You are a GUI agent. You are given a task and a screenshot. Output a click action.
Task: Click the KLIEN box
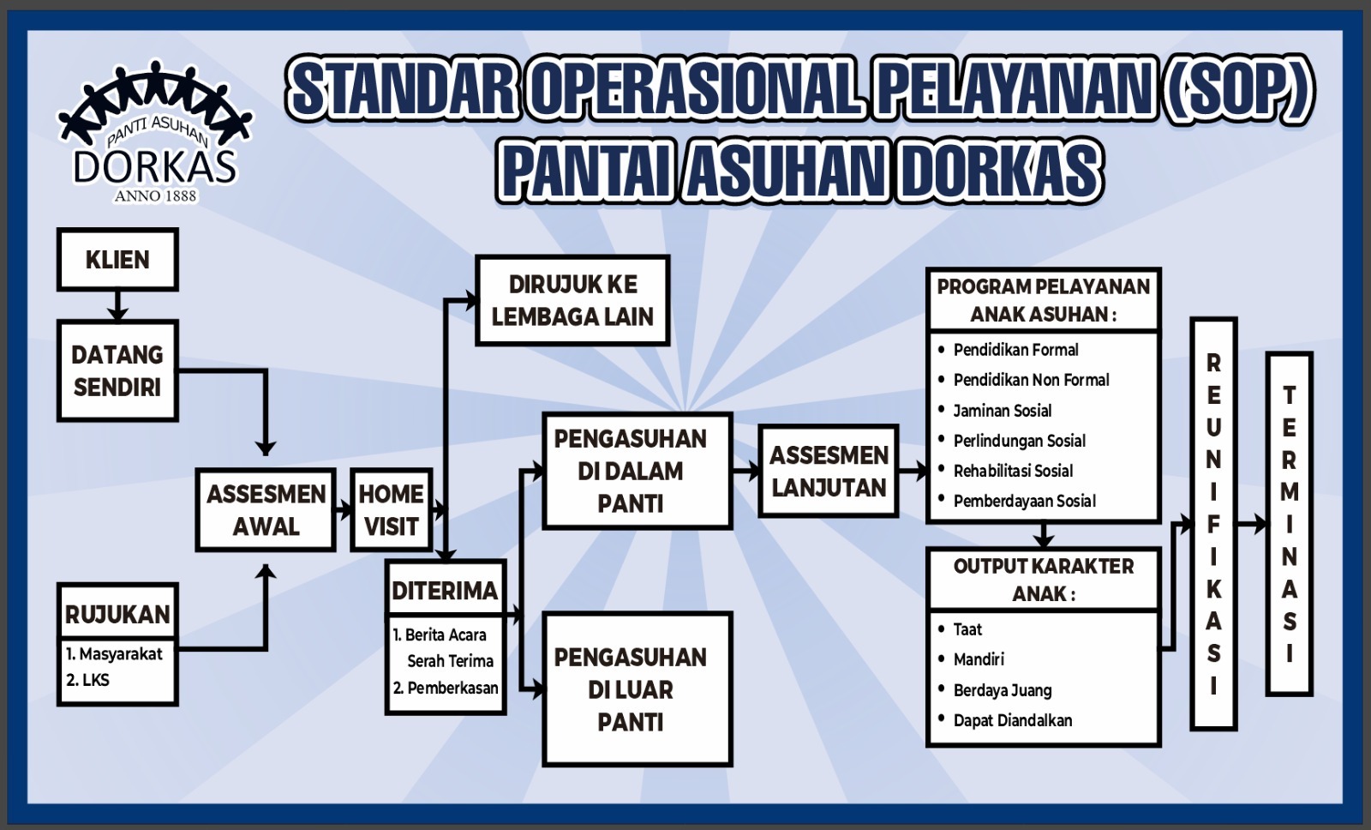(x=117, y=259)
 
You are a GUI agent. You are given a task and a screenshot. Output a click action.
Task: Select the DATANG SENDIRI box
(x=117, y=370)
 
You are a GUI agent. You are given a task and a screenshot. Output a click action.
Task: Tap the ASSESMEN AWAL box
(x=266, y=510)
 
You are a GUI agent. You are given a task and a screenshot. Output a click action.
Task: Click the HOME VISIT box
(x=392, y=510)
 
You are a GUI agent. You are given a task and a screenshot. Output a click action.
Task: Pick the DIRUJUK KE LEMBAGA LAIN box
(x=572, y=300)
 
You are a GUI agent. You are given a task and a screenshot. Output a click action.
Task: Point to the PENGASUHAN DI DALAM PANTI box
(x=638, y=471)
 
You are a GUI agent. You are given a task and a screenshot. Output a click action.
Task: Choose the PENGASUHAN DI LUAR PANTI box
(x=638, y=689)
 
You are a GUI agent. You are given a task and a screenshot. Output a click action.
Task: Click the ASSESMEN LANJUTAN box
(x=829, y=471)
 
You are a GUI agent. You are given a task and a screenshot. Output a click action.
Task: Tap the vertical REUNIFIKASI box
(x=1213, y=524)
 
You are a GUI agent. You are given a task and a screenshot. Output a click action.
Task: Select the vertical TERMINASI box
(x=1290, y=524)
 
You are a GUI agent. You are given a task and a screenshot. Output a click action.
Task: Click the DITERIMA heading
(x=445, y=591)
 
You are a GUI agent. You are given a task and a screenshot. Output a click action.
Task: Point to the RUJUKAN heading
(x=117, y=615)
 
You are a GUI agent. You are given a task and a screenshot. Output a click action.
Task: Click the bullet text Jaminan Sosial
(x=1003, y=411)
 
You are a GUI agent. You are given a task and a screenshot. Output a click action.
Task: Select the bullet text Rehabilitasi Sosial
(x=1013, y=471)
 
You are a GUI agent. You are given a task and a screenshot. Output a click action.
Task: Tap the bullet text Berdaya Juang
(x=1003, y=690)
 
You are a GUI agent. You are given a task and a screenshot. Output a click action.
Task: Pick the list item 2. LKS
(x=87, y=680)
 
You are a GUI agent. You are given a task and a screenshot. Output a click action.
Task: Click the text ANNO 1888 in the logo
(x=155, y=195)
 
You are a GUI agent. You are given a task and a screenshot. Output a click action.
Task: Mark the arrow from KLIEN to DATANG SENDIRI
(x=117, y=305)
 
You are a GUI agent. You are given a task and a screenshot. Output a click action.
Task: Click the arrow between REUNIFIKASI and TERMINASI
(x=1252, y=524)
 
